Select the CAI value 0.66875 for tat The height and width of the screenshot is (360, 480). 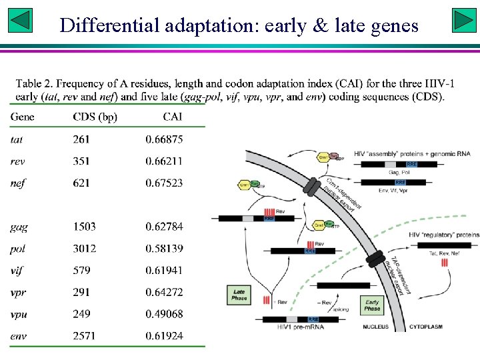[x=164, y=139]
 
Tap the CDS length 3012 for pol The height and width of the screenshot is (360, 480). [x=85, y=249]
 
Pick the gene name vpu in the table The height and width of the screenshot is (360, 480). [x=20, y=314]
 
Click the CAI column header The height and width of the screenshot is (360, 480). [x=172, y=117]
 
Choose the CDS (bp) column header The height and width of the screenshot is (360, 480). [x=95, y=117]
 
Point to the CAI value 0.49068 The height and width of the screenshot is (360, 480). [x=164, y=314]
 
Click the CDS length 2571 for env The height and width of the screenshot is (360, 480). [x=85, y=336]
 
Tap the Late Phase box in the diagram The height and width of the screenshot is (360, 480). [x=239, y=295]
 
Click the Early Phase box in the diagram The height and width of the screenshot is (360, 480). [x=372, y=305]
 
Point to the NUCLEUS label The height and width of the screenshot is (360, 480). [x=377, y=327]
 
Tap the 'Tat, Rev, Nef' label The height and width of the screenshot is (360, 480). [x=444, y=254]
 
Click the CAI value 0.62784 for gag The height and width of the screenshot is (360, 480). [x=164, y=227]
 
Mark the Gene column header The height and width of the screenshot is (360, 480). [x=23, y=117]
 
